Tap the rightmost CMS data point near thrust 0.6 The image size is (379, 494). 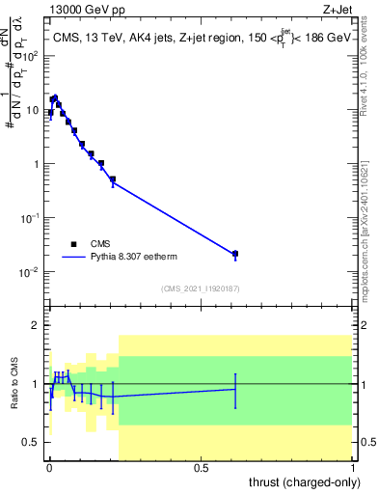tap(235, 254)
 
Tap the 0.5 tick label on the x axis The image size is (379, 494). tap(200, 468)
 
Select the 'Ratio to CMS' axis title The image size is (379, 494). tap(14, 384)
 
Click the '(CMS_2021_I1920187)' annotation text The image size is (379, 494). tap(199, 288)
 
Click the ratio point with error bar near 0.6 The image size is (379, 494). tap(235, 389)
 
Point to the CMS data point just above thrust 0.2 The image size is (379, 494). tap(113, 179)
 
